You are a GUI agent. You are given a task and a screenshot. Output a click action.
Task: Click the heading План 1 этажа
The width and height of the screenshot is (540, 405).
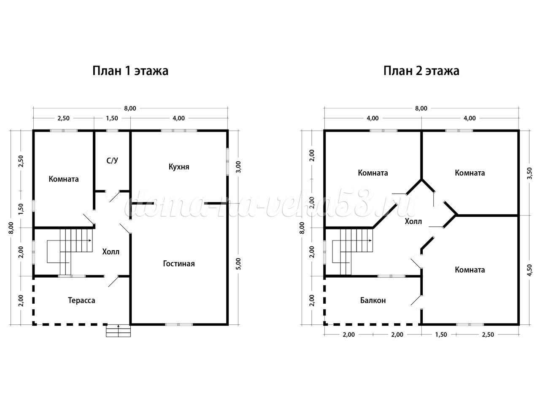point(130,71)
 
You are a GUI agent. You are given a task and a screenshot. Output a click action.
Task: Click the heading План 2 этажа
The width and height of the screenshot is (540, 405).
point(421,71)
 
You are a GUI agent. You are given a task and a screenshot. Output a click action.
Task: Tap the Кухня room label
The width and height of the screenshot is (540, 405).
point(179,167)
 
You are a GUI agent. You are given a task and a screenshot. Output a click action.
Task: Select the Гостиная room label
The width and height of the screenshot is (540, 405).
point(179,264)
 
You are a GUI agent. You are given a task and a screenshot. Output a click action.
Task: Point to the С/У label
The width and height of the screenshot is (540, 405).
point(112,161)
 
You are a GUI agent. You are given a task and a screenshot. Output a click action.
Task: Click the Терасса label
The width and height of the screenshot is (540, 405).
point(81,300)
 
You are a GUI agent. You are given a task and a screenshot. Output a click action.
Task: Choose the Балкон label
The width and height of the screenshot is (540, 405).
point(373,300)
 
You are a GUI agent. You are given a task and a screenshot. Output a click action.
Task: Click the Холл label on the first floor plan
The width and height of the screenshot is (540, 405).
point(111,251)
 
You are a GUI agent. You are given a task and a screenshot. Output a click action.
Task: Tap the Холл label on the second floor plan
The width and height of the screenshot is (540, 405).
point(413,221)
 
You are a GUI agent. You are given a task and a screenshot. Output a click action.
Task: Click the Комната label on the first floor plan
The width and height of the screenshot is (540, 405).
point(64,179)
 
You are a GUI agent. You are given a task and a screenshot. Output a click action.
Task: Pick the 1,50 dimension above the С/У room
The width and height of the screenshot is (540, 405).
point(112,118)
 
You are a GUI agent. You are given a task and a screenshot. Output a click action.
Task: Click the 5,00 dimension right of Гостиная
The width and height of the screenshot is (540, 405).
point(238,264)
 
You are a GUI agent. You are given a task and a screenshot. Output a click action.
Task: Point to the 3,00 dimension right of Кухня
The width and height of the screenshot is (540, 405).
point(238,167)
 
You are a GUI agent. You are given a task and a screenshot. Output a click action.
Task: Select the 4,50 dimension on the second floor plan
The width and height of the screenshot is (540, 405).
point(529,270)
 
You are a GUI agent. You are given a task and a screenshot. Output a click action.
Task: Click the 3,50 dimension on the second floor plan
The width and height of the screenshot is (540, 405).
point(529,173)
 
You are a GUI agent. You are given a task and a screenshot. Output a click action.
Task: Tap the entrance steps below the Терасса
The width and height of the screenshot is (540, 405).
point(118,330)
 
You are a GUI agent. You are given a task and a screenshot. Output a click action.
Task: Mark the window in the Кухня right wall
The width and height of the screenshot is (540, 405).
point(227,161)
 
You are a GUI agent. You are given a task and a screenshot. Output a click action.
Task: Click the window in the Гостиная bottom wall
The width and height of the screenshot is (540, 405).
point(179,324)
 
